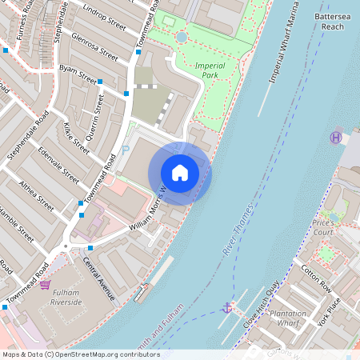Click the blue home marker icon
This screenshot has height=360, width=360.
point(179,173)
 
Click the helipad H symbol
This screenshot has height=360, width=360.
point(336,138)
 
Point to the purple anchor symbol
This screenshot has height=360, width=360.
point(227,307)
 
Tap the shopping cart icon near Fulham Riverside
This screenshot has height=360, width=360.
point(46,285)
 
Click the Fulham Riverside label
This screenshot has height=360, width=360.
point(66,298)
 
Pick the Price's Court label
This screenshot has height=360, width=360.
point(323,227)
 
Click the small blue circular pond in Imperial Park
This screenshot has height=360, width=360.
point(182,37)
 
